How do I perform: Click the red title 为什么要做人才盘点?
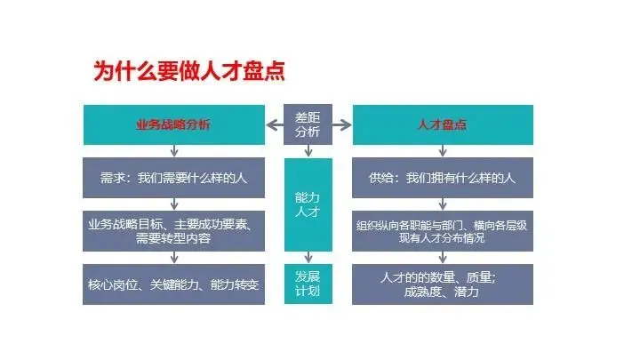(189, 70)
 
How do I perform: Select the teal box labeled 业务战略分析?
(173, 124)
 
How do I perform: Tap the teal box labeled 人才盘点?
(443, 124)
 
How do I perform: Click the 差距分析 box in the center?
(308, 124)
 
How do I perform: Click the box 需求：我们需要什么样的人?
(173, 178)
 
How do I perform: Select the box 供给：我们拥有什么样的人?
(443, 178)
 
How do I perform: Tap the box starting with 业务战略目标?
(173, 230)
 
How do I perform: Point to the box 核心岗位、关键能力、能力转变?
(173, 284)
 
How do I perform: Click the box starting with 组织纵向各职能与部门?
(443, 230)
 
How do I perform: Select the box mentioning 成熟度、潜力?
(443, 284)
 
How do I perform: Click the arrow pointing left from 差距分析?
(274, 124)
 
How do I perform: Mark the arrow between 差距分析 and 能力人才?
(308, 152)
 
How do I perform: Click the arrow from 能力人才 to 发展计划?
(308, 258)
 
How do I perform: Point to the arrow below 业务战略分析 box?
(173, 152)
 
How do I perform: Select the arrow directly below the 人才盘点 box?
(443, 152)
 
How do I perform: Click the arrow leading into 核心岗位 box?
(173, 258)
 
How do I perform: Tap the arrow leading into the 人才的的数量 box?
(443, 258)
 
